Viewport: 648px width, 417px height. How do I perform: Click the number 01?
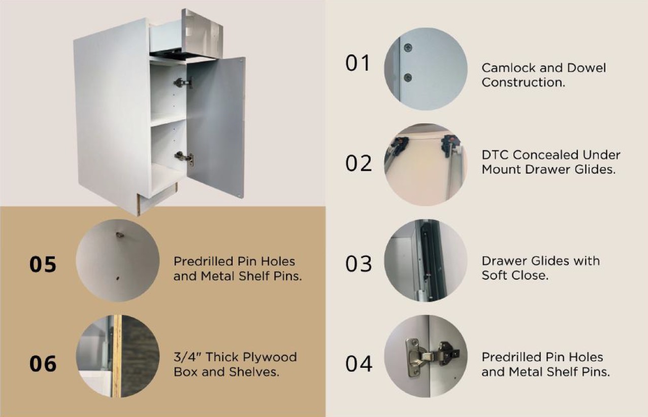coord(358,63)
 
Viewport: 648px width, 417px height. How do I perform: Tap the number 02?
coord(359,163)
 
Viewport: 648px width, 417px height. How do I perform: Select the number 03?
coord(359,264)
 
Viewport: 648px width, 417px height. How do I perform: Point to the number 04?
coord(359,364)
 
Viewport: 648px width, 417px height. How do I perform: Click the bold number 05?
coord(43,265)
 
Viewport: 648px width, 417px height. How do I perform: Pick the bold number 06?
coord(43,364)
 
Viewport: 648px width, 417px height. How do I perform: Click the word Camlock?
coord(508,68)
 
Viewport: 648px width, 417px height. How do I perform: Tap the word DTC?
coord(495,155)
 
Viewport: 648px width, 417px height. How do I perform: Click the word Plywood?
coord(270,358)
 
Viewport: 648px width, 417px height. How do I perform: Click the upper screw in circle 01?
coord(408,47)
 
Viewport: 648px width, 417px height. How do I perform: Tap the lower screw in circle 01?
coord(408,77)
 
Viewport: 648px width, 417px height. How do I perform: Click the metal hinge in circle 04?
coord(432,357)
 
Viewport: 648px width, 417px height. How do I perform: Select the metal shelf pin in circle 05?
coord(119,235)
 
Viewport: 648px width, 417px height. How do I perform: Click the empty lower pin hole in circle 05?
coord(118,278)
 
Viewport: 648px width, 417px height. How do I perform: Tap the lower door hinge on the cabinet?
coord(184,158)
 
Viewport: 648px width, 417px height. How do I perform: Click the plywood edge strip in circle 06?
coord(117,356)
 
